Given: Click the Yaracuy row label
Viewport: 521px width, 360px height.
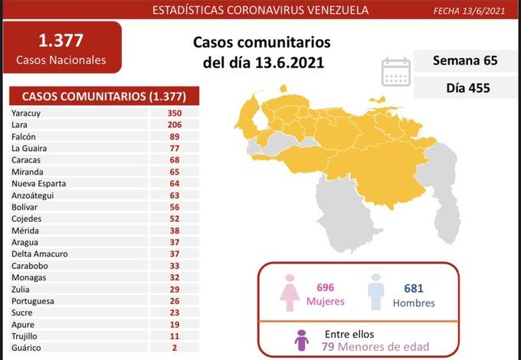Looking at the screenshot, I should tap(28, 113).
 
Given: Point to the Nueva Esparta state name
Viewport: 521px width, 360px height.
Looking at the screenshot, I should tap(39, 184).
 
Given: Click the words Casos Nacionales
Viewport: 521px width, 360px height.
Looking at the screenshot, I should tap(61, 60).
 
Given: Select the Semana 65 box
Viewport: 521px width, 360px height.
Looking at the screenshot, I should tap(459, 61).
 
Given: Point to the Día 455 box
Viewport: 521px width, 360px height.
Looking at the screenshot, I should tap(459, 88).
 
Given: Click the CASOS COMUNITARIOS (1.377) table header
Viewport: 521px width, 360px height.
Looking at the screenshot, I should tap(103, 97).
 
